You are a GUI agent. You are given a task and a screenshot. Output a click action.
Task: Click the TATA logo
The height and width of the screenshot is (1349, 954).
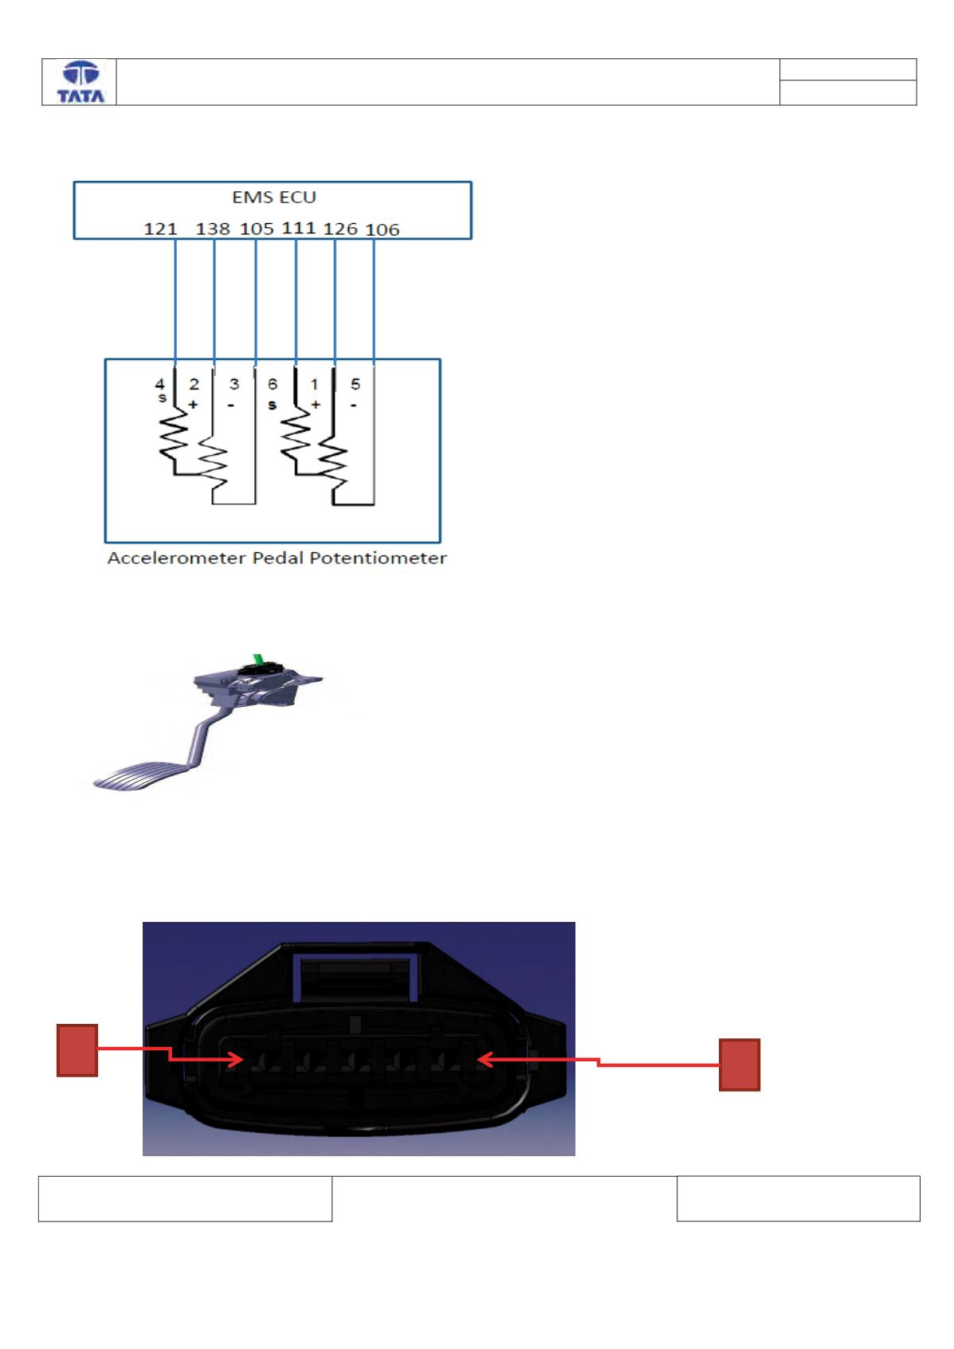tap(80, 82)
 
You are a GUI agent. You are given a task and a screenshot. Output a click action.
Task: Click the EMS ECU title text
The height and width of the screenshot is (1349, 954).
tap(274, 197)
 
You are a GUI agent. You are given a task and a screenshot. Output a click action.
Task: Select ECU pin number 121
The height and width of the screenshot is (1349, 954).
tap(160, 229)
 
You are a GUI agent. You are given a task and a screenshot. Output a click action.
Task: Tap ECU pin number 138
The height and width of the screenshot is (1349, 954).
tap(213, 229)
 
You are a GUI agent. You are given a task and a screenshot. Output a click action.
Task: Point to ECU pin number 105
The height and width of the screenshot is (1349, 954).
tap(257, 229)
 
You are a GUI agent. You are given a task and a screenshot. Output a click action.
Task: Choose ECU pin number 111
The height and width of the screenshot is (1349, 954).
tap(299, 228)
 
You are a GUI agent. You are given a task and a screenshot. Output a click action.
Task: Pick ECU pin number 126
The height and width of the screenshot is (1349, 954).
tap(340, 229)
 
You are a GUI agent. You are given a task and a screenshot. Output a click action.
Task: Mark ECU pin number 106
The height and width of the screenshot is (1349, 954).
tap(383, 229)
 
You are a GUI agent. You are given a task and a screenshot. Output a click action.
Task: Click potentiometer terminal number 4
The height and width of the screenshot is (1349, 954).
tap(159, 383)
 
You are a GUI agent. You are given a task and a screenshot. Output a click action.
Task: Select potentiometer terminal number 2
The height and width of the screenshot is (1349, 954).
tap(194, 383)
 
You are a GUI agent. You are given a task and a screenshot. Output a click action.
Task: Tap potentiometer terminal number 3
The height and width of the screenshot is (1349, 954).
tap(234, 383)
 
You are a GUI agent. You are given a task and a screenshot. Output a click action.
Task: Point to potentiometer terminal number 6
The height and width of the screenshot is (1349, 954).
tap(273, 383)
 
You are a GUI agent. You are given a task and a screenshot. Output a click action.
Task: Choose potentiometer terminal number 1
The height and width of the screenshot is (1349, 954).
tap(314, 384)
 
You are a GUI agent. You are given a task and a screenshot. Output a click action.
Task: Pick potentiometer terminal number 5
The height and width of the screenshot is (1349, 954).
tap(355, 383)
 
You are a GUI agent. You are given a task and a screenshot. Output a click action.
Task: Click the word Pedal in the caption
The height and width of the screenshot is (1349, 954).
tap(277, 558)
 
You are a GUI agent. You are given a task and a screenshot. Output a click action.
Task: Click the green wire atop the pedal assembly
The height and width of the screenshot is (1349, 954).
tap(257, 660)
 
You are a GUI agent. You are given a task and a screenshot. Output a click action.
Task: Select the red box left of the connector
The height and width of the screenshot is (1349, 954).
tap(77, 1050)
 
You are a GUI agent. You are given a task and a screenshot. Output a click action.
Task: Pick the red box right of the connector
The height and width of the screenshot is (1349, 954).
tap(740, 1065)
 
